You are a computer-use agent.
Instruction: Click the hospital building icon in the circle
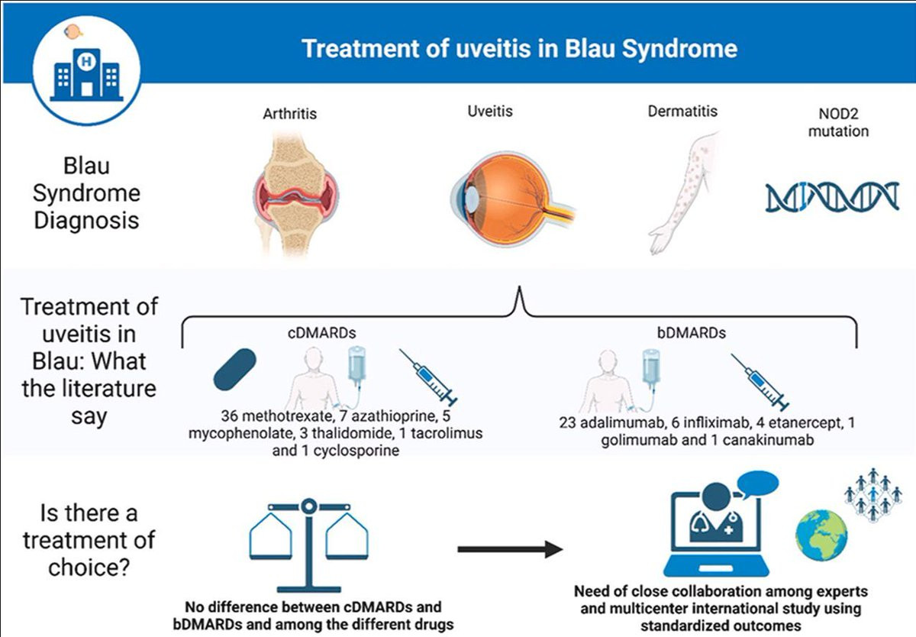coord(86,74)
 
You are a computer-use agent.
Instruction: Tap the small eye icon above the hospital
coord(73,31)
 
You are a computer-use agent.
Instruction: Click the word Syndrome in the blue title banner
coord(679,49)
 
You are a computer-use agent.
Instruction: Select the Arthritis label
coord(289,113)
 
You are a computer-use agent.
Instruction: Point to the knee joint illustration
coord(295,194)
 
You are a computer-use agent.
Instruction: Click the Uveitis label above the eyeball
coord(490,111)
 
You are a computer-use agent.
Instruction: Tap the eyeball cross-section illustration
coord(513,199)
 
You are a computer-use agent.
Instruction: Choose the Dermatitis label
coord(682,111)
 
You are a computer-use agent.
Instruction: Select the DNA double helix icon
coord(832,197)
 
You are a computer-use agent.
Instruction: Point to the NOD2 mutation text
coord(838,122)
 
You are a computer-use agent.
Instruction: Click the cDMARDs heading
coord(322,332)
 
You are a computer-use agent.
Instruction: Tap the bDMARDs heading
coord(692,332)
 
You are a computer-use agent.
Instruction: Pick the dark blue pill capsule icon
coord(235,370)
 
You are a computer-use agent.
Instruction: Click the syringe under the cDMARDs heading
coord(428,377)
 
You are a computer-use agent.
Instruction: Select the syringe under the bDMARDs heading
coord(760,382)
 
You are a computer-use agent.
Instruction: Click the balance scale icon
coord(308,546)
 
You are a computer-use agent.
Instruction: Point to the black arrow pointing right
coord(511,549)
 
